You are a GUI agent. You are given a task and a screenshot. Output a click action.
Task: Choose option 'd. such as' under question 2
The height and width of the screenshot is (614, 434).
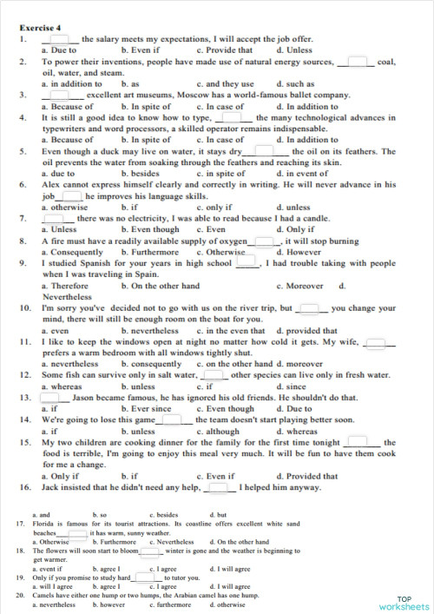[x=295, y=84]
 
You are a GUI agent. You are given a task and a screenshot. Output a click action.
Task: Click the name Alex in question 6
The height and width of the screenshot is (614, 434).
[x=51, y=184]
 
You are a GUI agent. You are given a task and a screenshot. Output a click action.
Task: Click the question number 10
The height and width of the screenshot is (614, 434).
[x=25, y=308]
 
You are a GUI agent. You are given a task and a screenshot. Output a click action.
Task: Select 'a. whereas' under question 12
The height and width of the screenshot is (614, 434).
[x=62, y=386]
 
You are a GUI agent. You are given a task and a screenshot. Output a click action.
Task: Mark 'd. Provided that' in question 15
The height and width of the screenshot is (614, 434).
[x=307, y=476]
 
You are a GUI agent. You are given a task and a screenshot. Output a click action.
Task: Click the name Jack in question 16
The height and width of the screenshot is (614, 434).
[x=52, y=487]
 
